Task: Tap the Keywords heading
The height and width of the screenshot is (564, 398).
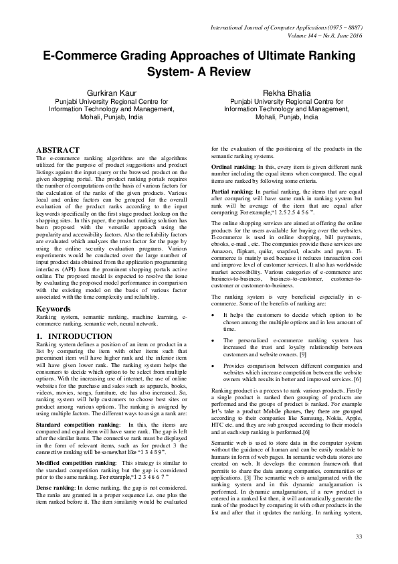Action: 54,307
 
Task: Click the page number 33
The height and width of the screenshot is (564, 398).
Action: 359,537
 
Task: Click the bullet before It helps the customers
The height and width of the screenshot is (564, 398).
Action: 213,314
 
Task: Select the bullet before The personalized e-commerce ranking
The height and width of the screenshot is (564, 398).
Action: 213,340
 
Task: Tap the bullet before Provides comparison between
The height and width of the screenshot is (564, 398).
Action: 213,365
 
